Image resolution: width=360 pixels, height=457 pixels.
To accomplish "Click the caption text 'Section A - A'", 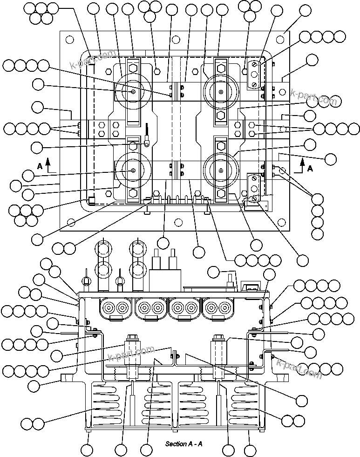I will [x=183, y=444].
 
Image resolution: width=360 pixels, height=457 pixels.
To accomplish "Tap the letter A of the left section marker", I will [x=41, y=166].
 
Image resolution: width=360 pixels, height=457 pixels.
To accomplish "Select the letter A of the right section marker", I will [x=310, y=169].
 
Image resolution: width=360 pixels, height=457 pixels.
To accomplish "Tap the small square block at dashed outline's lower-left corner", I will [x=91, y=201].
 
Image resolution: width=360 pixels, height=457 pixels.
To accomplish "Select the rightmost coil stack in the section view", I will [x=247, y=403].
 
